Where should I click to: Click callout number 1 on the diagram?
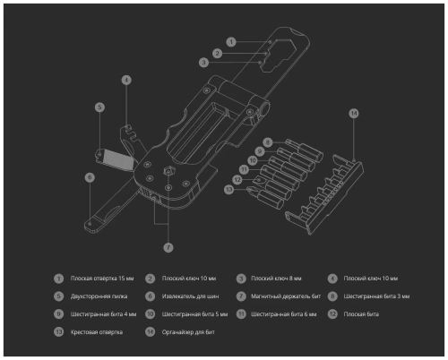pos(230,41)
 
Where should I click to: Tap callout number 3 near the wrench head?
pos(204,62)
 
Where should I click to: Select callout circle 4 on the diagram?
pos(126,80)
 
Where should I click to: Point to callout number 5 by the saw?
pos(99,107)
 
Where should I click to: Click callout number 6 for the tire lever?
pos(90,177)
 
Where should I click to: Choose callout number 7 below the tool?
pos(168,246)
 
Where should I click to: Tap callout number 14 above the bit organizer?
pos(353,113)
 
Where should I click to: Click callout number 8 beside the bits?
pos(268,141)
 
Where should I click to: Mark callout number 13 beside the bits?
pos(228,189)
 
